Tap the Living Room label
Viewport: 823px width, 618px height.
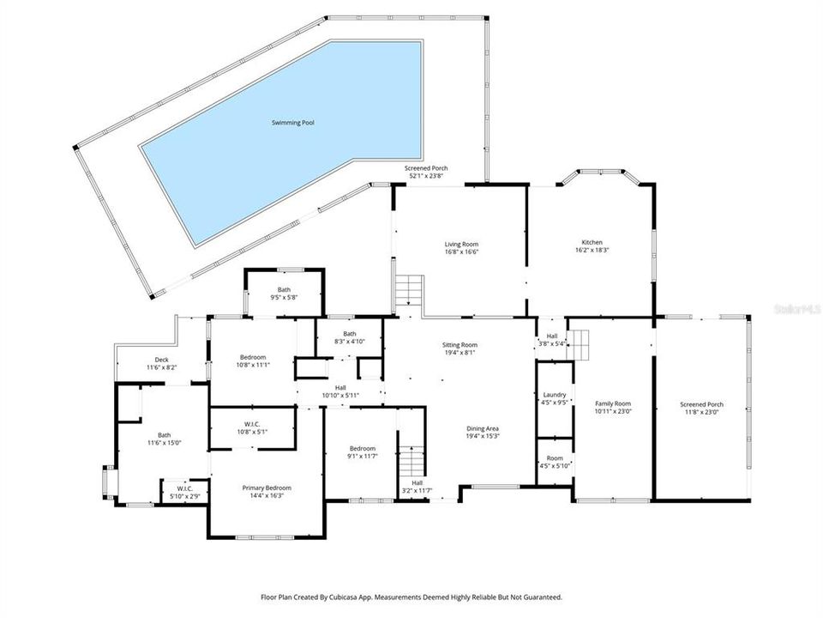460,244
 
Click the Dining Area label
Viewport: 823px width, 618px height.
460,427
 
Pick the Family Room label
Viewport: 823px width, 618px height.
613,403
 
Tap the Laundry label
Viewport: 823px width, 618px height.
554,394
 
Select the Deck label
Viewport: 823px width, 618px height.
161,359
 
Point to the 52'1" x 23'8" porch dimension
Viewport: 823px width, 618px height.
426,176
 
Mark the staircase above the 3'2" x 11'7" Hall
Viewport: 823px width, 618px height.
413,461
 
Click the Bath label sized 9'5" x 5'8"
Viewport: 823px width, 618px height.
284,289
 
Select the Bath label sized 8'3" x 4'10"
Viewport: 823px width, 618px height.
349,333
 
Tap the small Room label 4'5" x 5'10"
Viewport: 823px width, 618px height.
554,457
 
